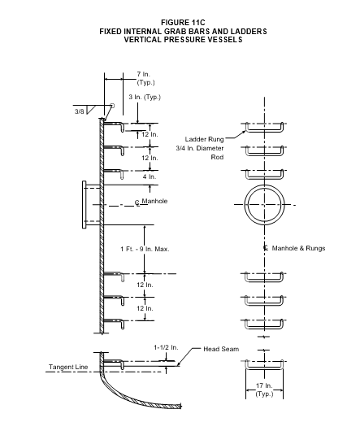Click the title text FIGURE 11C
[x=183, y=23]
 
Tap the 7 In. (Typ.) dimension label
[x=145, y=78]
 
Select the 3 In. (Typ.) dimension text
[x=145, y=97]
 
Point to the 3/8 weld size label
[x=80, y=111]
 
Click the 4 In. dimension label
[x=149, y=176]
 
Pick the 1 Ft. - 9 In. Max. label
[x=145, y=249]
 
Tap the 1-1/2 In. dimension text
[x=166, y=347]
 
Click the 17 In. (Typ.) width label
[x=264, y=390]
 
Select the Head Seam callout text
[x=221, y=349]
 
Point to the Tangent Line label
[x=68, y=367]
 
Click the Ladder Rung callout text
[x=204, y=139]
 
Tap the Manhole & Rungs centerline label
[x=298, y=248]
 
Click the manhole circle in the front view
[x=264, y=185]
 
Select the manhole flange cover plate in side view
[x=84, y=204]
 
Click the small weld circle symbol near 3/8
[x=112, y=106]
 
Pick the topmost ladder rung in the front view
[x=264, y=131]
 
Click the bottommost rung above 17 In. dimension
[x=264, y=368]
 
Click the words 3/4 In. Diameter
[x=200, y=148]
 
